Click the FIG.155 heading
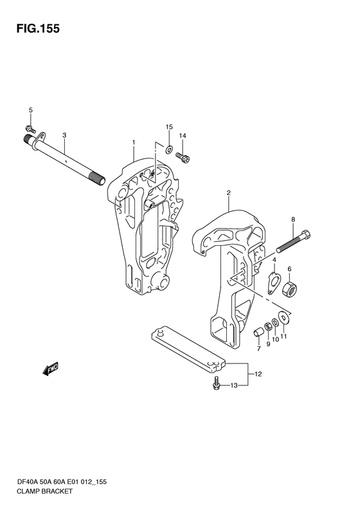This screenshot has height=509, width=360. tap(39, 28)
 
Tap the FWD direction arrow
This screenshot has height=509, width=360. tap(50, 369)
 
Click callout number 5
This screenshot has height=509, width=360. tap(31, 110)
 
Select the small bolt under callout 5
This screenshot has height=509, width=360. tap(31, 129)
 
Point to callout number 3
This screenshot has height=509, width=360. tap(64, 134)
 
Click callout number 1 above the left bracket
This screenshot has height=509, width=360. tap(133, 142)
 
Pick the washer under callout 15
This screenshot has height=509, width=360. tap(168, 150)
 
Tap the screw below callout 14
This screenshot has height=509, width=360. tap(183, 158)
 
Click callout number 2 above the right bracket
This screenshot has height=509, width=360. tap(229, 192)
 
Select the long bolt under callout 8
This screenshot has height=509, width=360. tap(293, 241)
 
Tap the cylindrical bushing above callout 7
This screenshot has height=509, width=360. tap(259, 333)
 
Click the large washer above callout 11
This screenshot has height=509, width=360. tap(284, 317)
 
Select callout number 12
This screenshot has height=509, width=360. tap(258, 374)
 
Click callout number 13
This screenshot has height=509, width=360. tap(234, 385)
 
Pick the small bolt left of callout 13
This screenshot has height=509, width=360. tap(216, 383)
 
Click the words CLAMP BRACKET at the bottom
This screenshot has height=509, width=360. tap(44, 491)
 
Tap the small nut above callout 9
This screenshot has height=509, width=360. tap(268, 326)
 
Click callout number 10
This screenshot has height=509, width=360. tap(275, 339)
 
